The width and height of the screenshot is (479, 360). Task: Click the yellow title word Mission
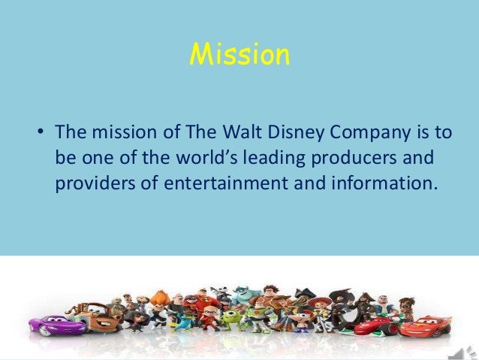coord(239,54)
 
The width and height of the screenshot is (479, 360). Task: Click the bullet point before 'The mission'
coord(42,135)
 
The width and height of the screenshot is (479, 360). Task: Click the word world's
coord(197,160)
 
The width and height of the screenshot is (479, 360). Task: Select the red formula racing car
coord(375,325)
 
